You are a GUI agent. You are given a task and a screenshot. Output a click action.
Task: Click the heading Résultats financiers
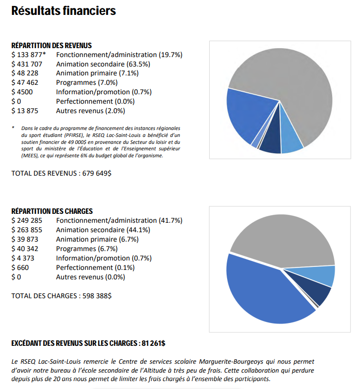pos(63,11)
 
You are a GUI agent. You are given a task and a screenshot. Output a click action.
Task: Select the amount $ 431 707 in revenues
pos(27,65)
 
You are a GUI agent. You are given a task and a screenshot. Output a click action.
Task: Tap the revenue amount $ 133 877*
pos(29,55)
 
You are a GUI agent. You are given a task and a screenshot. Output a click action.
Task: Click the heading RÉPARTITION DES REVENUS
pos(52,46)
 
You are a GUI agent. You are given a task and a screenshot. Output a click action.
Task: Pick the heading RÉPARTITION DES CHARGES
pos(52,211)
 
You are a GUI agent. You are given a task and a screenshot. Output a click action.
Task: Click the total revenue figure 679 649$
pos(97,173)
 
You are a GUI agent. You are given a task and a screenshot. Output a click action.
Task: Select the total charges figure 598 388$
pos(97,296)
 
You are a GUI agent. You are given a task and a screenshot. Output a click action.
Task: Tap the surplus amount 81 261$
pos(154,343)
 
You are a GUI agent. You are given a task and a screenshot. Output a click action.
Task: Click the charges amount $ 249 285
pos(27,220)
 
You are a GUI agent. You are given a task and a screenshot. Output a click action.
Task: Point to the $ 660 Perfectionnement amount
pos(20,268)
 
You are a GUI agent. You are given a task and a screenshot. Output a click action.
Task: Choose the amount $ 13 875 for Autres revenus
pos(25,111)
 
